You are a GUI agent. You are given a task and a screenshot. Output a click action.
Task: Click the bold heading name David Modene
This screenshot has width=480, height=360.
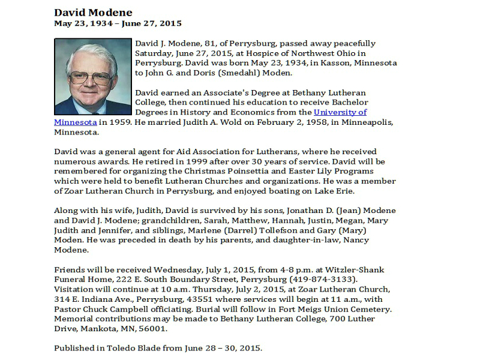coord(93,13)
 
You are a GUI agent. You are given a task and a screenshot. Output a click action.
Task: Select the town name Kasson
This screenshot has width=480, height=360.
coord(319,63)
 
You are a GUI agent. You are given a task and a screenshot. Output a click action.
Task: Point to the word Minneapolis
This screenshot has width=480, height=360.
coord(368,122)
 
